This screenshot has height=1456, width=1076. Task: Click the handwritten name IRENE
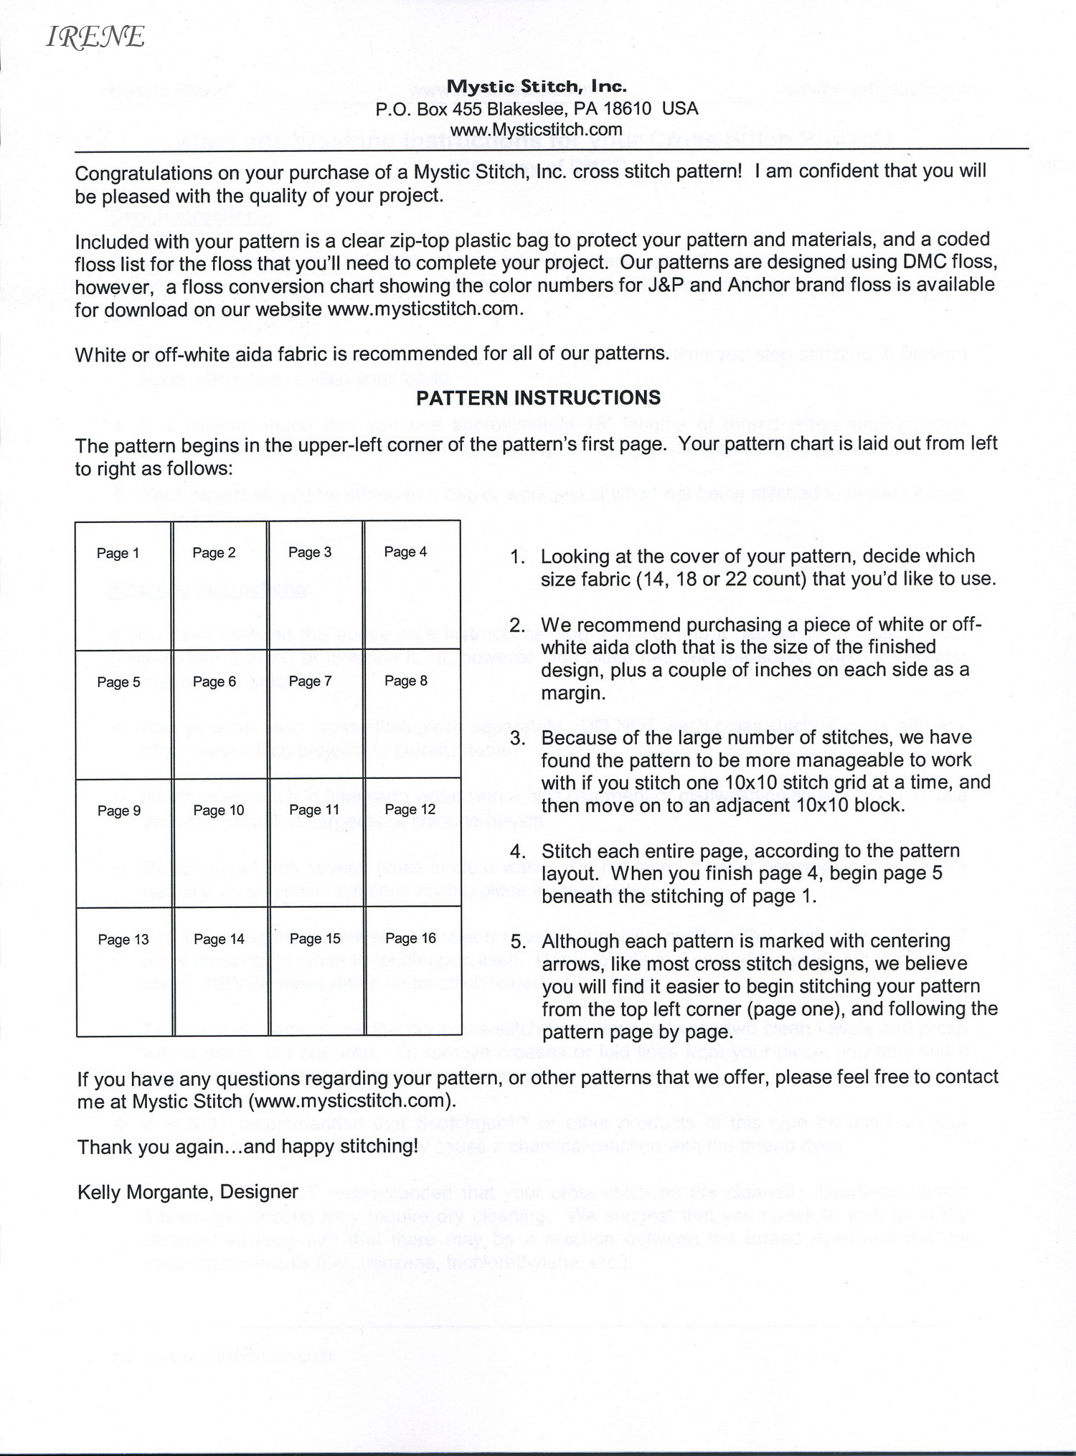(x=95, y=37)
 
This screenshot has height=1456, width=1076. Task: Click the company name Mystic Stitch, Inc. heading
(x=537, y=87)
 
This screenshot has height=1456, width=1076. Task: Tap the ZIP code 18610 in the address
(x=627, y=109)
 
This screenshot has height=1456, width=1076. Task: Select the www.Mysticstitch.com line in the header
(x=536, y=130)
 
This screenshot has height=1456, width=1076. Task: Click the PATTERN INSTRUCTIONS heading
(x=538, y=398)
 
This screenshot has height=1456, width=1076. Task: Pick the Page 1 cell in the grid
(x=118, y=553)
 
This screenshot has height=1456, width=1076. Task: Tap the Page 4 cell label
(x=405, y=552)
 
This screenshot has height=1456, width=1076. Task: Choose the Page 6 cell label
(x=214, y=681)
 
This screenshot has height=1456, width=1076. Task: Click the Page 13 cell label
(x=123, y=940)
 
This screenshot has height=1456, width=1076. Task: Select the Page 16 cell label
(x=410, y=938)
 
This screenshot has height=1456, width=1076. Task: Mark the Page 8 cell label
(x=406, y=681)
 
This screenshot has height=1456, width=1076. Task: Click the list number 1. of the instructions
(x=518, y=557)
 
